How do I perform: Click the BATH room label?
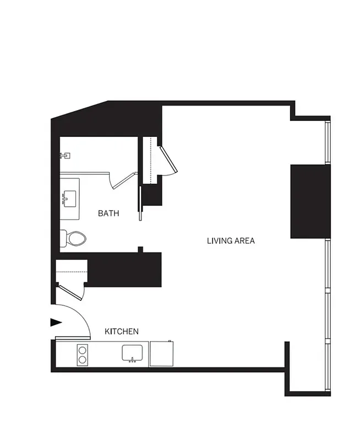pos(108,213)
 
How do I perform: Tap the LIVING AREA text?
pos(231,240)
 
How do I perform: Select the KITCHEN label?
pos(122,332)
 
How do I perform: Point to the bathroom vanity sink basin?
pos(70,196)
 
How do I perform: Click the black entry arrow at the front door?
pos(56,322)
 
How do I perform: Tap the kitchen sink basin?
pos(133,353)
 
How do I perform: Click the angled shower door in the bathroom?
pos(123,180)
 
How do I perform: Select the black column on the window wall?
pos(309,201)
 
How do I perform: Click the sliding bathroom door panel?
pos(140,202)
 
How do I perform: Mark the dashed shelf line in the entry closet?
pos(72,272)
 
